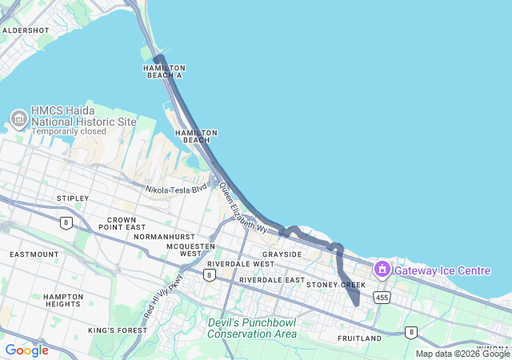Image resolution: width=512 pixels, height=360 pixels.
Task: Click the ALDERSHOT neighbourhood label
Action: click(x=26, y=30)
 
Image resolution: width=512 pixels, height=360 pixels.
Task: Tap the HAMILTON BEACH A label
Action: click(x=164, y=72)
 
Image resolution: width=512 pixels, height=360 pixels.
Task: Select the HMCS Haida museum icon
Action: click(x=18, y=120)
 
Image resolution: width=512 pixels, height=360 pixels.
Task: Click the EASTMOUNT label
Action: click(x=34, y=254)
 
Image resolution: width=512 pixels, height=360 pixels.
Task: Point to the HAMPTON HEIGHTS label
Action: click(x=63, y=300)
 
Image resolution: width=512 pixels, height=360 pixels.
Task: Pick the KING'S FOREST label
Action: click(x=114, y=330)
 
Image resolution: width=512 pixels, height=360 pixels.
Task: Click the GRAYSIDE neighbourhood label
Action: click(x=282, y=254)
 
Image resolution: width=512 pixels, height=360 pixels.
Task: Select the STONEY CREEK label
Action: click(x=335, y=285)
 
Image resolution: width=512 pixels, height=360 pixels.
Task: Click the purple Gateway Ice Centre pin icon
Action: click(x=382, y=270)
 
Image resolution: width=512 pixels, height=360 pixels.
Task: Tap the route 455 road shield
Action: click(x=382, y=298)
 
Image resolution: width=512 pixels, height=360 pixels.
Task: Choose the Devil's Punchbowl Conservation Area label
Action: click(x=252, y=328)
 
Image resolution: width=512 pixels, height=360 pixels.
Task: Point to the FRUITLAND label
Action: click(x=359, y=338)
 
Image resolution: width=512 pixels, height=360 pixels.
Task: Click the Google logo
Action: click(x=26, y=350)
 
